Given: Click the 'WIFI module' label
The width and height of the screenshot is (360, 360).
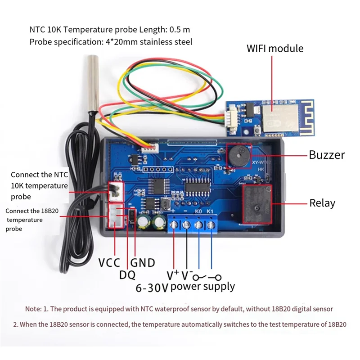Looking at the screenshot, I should click(275, 48).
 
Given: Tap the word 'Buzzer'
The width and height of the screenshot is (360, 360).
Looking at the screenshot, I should click(327, 155).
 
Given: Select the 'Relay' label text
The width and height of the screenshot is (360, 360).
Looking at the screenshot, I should click(322, 203).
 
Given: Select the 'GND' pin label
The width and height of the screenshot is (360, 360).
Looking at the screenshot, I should click(143, 263).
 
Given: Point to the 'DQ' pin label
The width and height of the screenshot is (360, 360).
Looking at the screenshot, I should click(127, 274).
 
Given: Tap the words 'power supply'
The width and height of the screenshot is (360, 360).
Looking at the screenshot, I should click(202, 286).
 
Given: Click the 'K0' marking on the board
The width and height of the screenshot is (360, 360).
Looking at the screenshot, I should click(198, 210).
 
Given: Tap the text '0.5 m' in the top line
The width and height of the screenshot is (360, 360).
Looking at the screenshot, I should click(180, 30).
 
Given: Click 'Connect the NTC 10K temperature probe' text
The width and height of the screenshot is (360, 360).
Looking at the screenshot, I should click(39, 185).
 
